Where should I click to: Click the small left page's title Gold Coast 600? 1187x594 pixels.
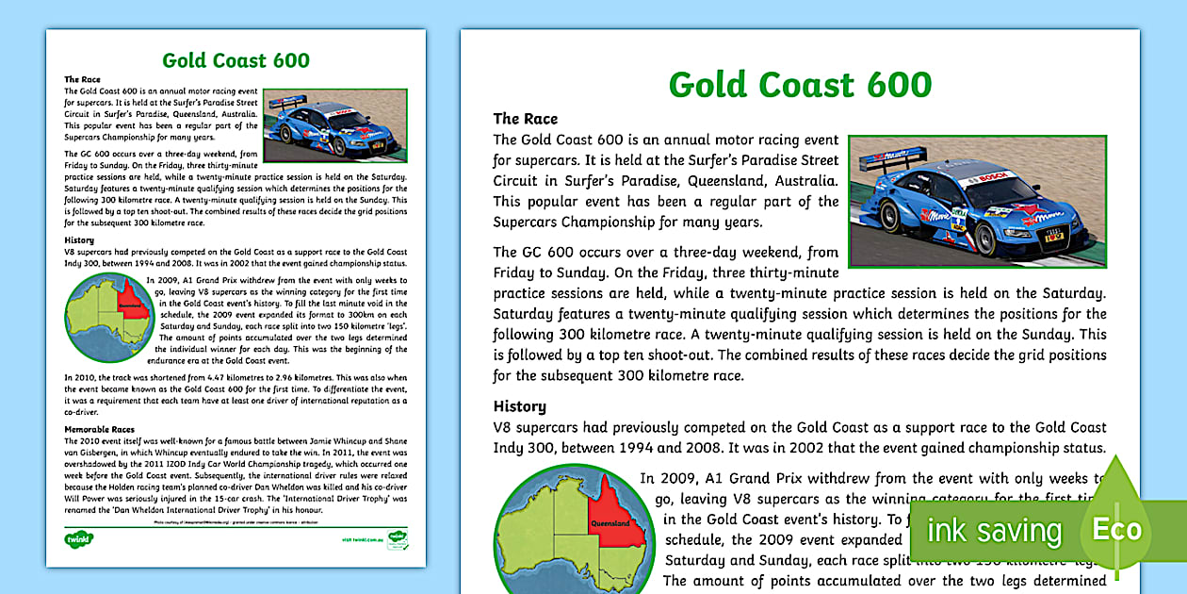[x=236, y=61]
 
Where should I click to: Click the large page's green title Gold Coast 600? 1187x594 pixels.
[x=800, y=85]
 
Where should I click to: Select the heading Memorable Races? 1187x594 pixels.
[x=99, y=429]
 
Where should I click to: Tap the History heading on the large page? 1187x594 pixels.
[x=519, y=406]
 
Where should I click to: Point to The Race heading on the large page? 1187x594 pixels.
[x=525, y=119]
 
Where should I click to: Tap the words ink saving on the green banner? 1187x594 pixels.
[x=994, y=531]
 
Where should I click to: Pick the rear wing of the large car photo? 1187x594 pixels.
[x=886, y=174]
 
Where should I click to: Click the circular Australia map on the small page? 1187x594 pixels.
[x=106, y=322]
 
